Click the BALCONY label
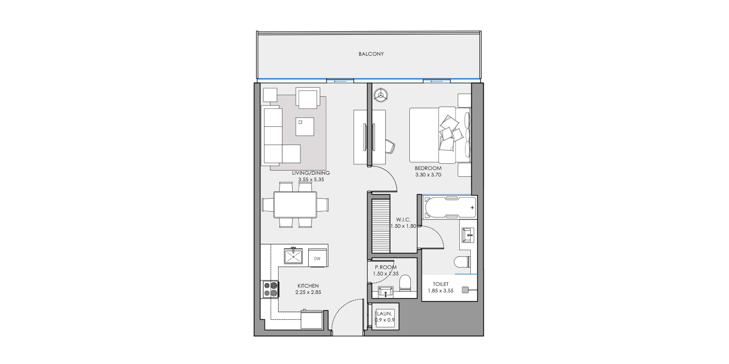[x=371, y=54]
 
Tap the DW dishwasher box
[x=317, y=258]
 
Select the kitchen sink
[x=293, y=256]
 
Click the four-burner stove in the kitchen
[x=271, y=289]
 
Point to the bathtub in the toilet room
[x=449, y=207]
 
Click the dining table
[x=295, y=205]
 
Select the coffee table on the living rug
[x=305, y=126]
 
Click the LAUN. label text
[x=384, y=314]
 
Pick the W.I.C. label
[x=404, y=219]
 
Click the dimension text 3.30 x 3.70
[x=428, y=175]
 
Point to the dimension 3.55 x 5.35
[x=311, y=179]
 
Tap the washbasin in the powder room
[x=386, y=292]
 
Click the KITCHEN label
[x=308, y=286]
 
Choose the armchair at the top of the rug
[x=308, y=98]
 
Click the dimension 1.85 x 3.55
[x=441, y=291]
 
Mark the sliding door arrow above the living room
[x=340, y=81]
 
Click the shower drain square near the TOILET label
[x=466, y=290]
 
